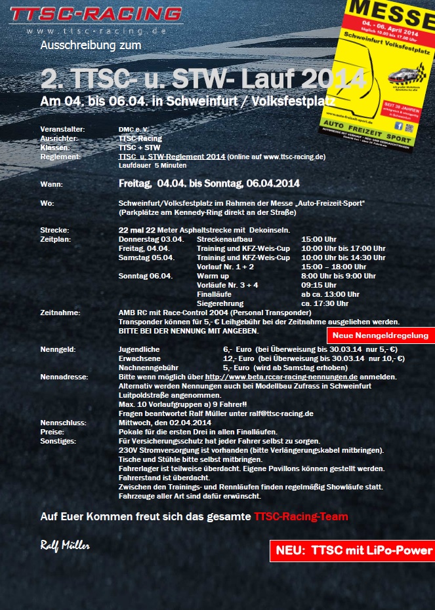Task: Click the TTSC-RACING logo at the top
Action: (96, 14)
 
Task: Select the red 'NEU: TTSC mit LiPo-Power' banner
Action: (352, 550)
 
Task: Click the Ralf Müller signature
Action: (65, 545)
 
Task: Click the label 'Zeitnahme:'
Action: (60, 313)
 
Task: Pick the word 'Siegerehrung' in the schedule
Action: (220, 303)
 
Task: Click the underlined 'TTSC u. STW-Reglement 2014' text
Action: (172, 157)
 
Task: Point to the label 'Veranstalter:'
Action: (62, 129)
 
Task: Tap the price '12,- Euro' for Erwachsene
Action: (238, 358)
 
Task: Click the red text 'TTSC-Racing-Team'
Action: (300, 516)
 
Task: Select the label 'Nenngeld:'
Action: (58, 349)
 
